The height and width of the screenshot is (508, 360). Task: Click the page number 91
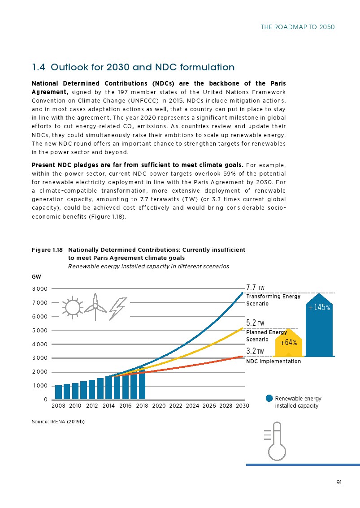click(x=339, y=482)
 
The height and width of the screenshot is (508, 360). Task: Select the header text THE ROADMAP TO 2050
click(x=298, y=27)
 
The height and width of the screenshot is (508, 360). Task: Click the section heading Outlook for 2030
click(x=133, y=68)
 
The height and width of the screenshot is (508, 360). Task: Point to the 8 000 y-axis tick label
click(x=40, y=289)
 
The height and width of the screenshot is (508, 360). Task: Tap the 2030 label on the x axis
click(x=242, y=405)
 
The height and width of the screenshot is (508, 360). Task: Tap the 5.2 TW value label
click(x=256, y=323)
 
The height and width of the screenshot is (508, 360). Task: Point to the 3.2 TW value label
click(x=256, y=350)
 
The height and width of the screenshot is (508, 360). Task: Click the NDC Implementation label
click(x=273, y=362)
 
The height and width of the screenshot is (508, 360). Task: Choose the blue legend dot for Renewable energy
click(x=269, y=398)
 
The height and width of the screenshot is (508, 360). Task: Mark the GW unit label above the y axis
click(x=36, y=277)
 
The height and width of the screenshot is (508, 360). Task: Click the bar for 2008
click(x=58, y=392)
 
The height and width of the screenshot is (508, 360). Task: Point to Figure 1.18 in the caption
click(x=46, y=250)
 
